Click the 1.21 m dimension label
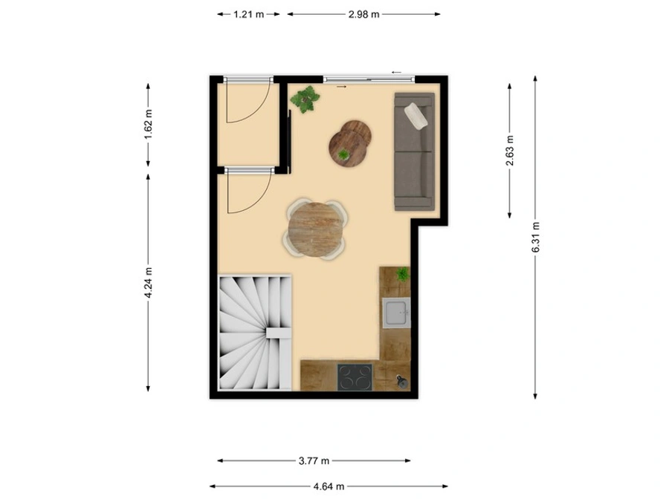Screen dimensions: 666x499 click(248, 14)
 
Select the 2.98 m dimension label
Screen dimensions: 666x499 click(363, 14)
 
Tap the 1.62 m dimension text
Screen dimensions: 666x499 click(148, 124)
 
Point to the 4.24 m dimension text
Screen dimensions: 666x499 click(148, 283)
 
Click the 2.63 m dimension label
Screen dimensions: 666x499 click(510, 151)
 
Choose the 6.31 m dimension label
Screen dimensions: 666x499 click(535, 237)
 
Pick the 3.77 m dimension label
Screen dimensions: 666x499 click(314, 461)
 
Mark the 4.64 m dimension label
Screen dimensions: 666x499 click(329, 486)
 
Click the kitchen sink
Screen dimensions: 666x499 click(396, 313)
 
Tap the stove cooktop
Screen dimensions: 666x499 click(355, 377)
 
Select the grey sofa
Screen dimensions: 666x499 click(415, 151)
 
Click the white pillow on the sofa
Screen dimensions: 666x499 click(416, 115)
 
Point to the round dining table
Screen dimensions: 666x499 click(316, 229)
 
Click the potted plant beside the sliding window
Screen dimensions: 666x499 click(305, 100)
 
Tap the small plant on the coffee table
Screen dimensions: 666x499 click(343, 154)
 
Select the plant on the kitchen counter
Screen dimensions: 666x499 click(403, 274)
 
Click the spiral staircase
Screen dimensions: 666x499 click(255, 333)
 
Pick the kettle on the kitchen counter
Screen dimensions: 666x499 click(402, 382)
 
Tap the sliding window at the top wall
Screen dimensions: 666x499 click(369, 79)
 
